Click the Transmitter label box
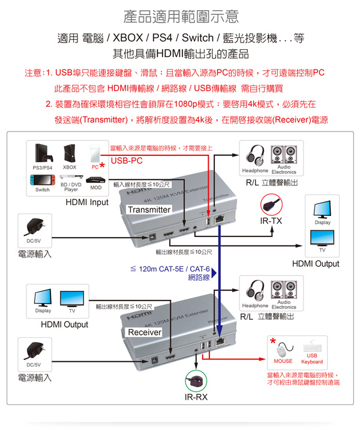[149, 210]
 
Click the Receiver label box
[145, 332]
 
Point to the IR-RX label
[196, 397]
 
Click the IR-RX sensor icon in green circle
[196, 380]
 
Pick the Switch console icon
[42, 179]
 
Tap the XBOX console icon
[70, 155]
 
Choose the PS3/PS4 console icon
[42, 154]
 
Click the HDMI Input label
[86, 202]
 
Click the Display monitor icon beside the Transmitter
[322, 210]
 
